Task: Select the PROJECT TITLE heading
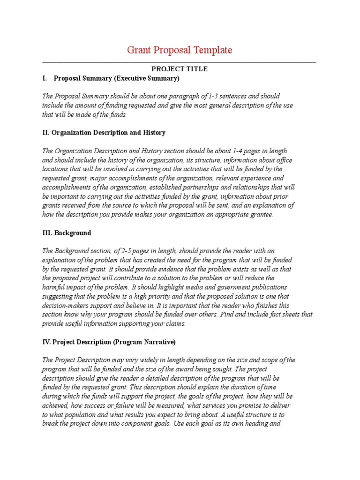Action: pyautogui.click(x=180, y=69)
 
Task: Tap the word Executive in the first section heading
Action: pyautogui.click(x=131, y=78)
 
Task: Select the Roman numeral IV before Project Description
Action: pyautogui.click(x=46, y=342)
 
